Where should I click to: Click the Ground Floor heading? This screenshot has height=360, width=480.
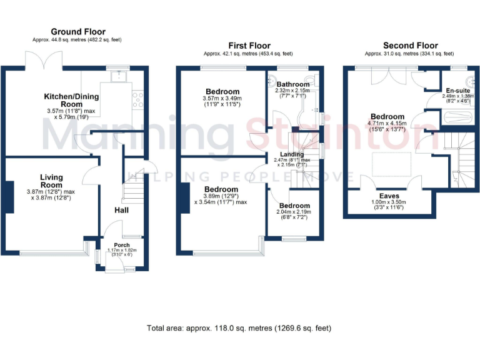[x=78, y=32]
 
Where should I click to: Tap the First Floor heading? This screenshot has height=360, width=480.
[x=250, y=46]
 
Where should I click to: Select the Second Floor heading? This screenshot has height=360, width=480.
[x=410, y=46]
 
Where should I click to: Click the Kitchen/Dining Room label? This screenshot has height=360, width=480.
[x=62, y=100]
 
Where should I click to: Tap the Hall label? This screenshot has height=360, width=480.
[x=121, y=210]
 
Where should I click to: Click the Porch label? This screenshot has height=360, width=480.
[x=121, y=244]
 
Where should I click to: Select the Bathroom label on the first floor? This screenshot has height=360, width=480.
[x=293, y=84]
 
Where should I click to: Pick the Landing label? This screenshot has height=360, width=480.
[x=292, y=154]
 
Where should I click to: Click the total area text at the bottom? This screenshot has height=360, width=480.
[x=239, y=327]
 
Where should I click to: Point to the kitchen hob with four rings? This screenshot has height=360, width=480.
[x=137, y=99]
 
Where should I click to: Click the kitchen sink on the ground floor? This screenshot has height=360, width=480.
[x=116, y=77]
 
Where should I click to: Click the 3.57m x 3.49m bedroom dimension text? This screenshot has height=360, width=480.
[x=222, y=101]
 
